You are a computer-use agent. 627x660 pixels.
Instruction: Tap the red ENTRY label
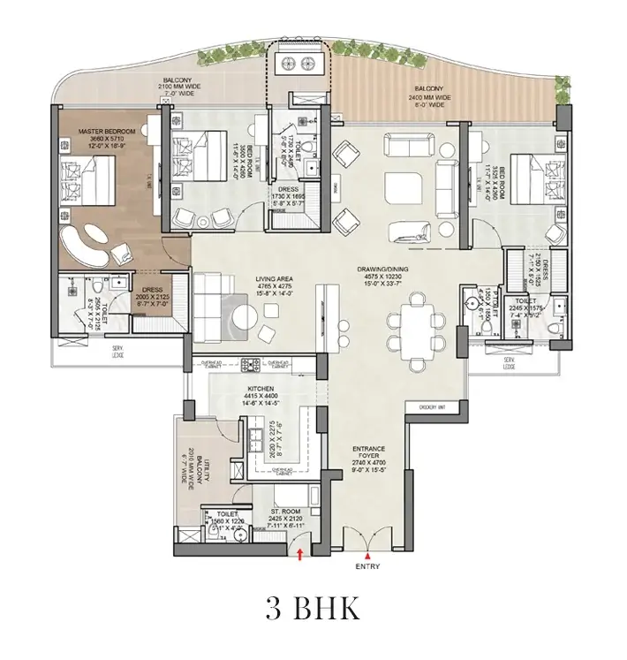367,566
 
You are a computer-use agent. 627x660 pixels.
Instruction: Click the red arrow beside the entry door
301,554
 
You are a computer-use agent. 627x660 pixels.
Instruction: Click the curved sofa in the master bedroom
89,243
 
